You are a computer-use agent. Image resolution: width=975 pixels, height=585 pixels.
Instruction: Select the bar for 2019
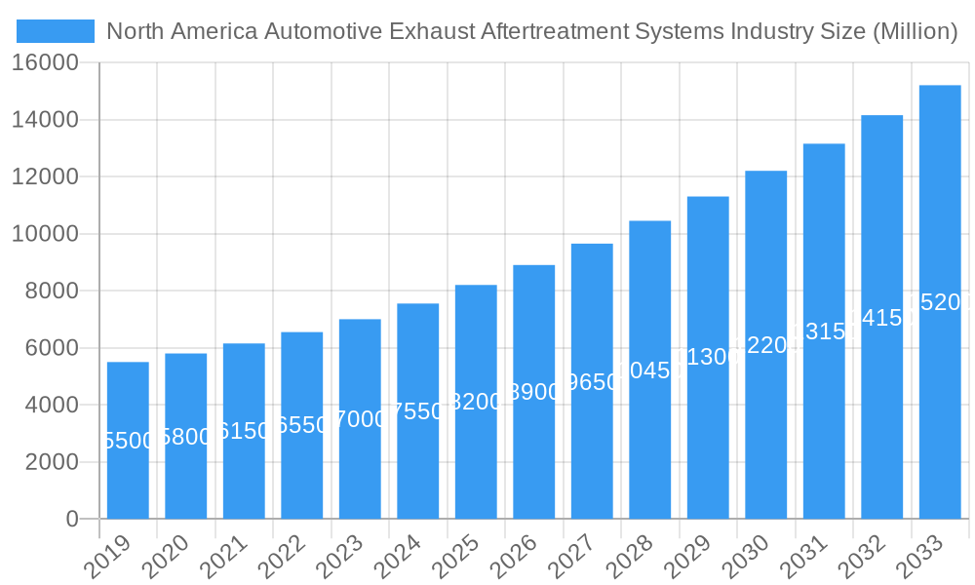click(x=128, y=441)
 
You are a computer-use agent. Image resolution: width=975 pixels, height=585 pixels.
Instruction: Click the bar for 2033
click(x=940, y=302)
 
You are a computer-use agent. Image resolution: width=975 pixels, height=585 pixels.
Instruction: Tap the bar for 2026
click(x=533, y=392)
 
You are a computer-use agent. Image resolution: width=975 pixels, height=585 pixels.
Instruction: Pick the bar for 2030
click(x=765, y=345)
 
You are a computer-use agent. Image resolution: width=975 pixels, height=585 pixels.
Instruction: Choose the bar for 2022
click(x=302, y=425)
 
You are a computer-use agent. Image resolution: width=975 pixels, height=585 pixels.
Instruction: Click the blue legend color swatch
click(x=56, y=31)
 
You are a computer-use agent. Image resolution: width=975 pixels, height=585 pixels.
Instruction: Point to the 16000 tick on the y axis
click(x=45, y=63)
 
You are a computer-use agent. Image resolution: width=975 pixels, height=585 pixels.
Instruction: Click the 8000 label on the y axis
click(x=52, y=292)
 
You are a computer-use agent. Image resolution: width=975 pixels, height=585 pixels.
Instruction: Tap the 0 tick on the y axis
click(x=72, y=520)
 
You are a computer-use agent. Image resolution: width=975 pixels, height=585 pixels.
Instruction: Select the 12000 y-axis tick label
click(x=45, y=177)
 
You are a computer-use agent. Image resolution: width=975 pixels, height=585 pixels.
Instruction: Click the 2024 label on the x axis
click(x=399, y=558)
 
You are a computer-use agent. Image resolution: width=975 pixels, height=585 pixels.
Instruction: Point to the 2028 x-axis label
click(x=631, y=558)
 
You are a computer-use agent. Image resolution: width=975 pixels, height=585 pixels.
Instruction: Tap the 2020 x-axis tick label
click(x=167, y=558)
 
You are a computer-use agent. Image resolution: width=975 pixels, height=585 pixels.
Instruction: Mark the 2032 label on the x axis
click(x=863, y=558)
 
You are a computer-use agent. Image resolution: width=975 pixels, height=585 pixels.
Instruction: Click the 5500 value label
click(x=128, y=441)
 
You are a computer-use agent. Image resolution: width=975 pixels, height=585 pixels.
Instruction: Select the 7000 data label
click(x=360, y=419)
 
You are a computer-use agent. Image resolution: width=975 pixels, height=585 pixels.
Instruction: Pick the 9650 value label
click(x=592, y=381)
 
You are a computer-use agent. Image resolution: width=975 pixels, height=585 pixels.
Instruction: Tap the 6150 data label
click(x=244, y=431)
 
